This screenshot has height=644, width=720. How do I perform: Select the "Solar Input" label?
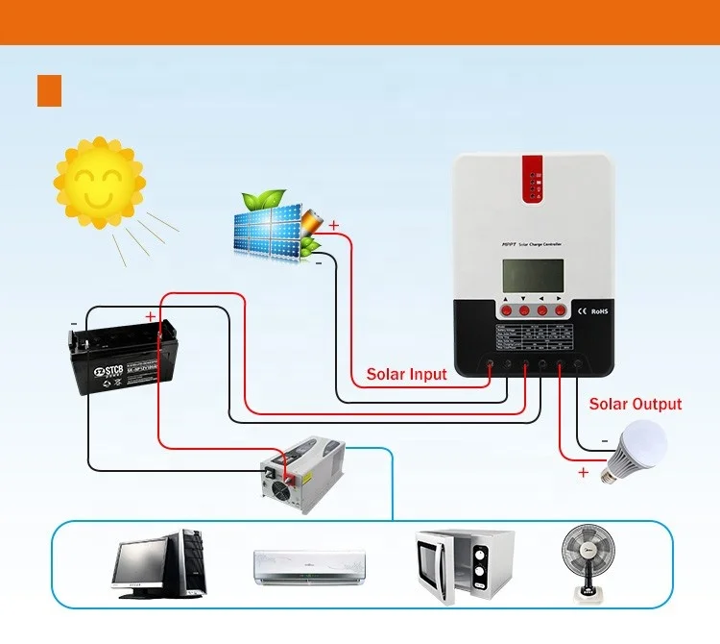tap(407, 374)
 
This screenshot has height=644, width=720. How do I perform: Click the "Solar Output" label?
tap(636, 405)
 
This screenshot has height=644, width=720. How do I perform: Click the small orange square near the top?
tap(49, 90)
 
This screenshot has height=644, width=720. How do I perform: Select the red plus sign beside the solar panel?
tap(333, 227)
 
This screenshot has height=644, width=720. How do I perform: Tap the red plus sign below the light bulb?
tap(583, 473)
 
